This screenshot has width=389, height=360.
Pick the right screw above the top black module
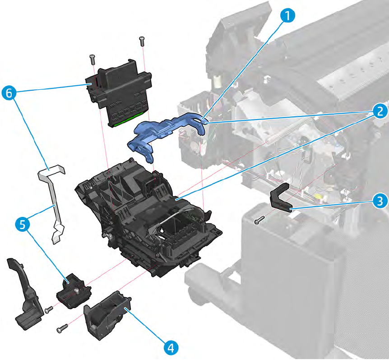(142, 41)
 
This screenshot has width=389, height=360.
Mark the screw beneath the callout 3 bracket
(258, 220)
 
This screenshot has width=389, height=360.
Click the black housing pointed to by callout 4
(106, 313)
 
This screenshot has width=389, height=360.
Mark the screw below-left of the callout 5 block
(49, 309)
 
